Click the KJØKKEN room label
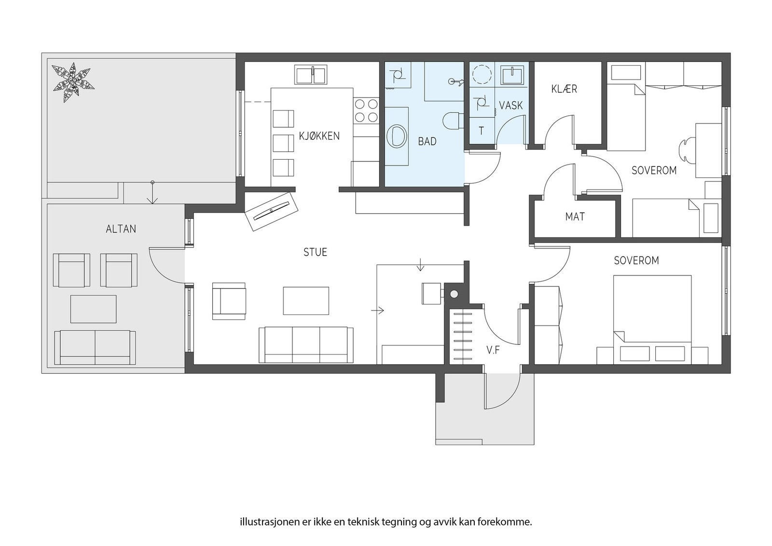(319, 136)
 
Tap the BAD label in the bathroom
(427, 141)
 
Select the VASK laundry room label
(511, 106)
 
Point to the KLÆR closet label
(564, 89)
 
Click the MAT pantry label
(575, 217)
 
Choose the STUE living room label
(315, 253)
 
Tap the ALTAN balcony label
(121, 229)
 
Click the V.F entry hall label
(493, 351)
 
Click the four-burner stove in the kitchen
(366, 110)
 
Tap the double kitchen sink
(311, 74)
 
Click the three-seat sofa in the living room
(306, 345)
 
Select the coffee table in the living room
(306, 300)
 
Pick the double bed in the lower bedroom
(652, 319)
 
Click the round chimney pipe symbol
(454, 294)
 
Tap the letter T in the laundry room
(482, 131)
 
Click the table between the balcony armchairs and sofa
(94, 309)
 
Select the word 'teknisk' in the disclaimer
(364, 522)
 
